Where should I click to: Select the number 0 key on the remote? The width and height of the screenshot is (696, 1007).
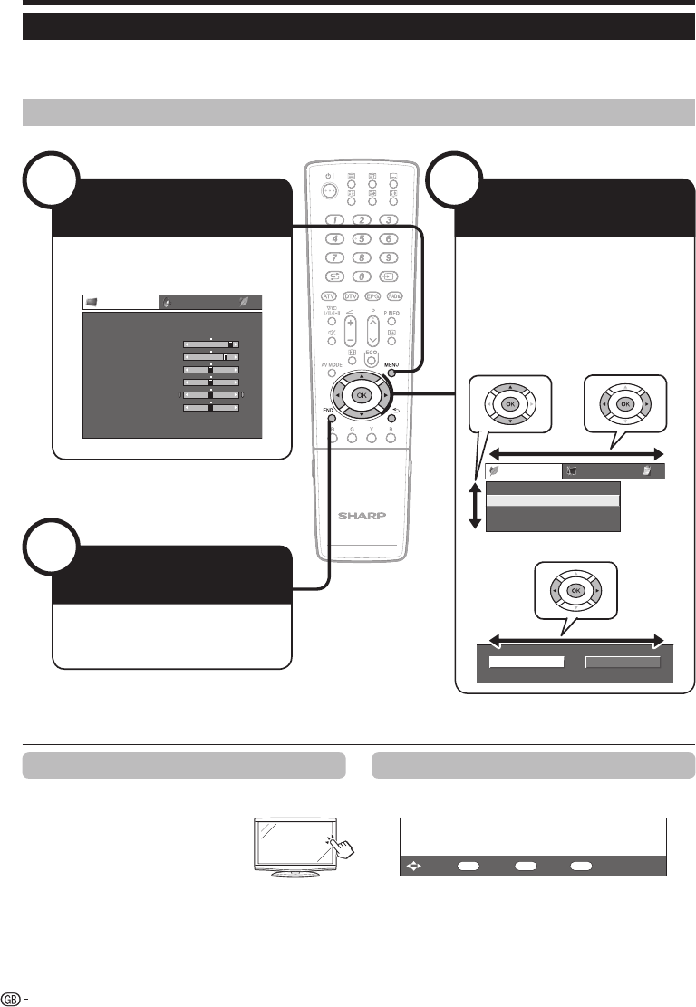[361, 276]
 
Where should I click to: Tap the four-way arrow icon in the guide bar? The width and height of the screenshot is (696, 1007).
[412, 866]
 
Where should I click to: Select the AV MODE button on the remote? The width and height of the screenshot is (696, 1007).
[332, 372]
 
